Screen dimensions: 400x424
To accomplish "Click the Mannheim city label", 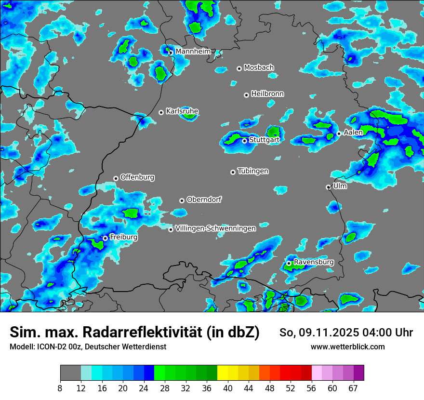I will (x=193, y=51).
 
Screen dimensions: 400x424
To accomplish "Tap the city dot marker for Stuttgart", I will (x=244, y=141).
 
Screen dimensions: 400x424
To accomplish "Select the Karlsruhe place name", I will (x=182, y=111).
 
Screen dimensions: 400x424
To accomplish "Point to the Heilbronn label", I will (x=267, y=94).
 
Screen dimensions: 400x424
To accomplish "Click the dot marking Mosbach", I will (x=239, y=68).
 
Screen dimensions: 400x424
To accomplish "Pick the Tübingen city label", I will (x=253, y=171).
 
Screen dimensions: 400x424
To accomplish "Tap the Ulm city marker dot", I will (x=328, y=187).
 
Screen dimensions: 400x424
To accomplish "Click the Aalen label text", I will (x=353, y=132).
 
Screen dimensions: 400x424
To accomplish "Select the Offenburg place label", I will (x=137, y=177).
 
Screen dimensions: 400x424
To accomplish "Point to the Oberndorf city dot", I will (x=182, y=200).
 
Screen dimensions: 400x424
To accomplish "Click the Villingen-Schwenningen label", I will (x=215, y=228).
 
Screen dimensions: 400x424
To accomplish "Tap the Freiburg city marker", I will (x=105, y=238).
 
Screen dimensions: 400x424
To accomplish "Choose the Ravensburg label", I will (x=314, y=262).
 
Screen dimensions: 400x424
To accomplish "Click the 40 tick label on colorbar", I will (x=228, y=388).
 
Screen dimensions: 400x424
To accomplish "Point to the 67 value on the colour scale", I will (x=353, y=388).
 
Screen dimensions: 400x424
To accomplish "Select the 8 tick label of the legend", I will (x=60, y=388).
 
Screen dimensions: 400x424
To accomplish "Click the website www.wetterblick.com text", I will (x=347, y=347).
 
